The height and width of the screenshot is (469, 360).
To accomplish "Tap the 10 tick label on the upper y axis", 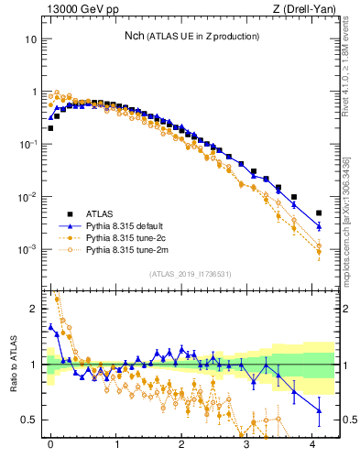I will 31,39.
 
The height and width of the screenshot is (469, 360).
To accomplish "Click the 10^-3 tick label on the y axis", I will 29,250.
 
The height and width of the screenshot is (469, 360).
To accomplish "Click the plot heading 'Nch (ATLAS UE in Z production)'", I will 192,36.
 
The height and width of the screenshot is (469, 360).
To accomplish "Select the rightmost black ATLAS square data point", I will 319,213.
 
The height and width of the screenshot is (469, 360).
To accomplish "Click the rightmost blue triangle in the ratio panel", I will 319,409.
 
